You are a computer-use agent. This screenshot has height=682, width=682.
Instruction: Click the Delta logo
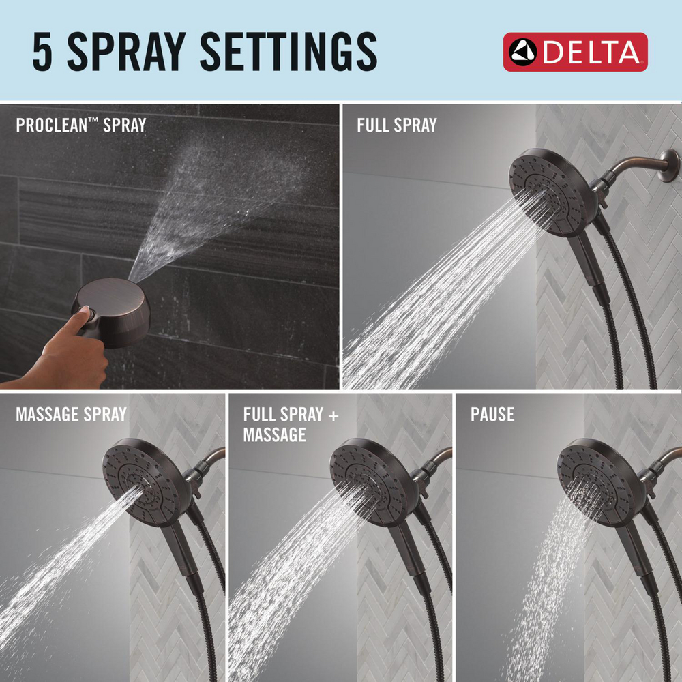[575, 52]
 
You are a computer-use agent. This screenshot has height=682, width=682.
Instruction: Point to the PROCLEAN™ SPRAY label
[80, 125]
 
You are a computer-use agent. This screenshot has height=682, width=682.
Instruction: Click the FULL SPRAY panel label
[396, 125]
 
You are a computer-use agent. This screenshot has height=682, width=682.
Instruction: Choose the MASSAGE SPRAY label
[71, 414]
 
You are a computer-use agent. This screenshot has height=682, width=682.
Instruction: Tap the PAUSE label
[492, 414]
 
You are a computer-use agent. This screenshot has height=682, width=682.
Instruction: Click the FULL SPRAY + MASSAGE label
[291, 424]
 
